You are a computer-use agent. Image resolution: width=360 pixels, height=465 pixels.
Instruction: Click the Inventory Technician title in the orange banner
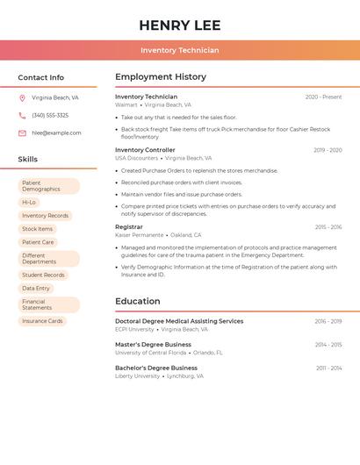pos(179,51)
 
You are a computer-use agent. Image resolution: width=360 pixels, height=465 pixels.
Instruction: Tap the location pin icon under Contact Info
pos(22,98)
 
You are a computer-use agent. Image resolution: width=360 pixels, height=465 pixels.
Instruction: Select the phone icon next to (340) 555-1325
pos(22,116)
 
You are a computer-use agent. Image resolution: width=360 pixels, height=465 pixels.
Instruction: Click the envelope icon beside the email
pos(22,133)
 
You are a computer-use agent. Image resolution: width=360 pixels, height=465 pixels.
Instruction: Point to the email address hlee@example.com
pos(56,133)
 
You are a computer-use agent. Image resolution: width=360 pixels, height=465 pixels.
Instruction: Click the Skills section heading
pos(28,160)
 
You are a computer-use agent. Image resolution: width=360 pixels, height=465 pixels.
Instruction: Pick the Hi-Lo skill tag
pos(29,203)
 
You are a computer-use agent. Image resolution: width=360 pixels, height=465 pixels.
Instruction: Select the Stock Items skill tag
pos(37,229)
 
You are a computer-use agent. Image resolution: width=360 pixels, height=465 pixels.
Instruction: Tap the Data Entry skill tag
pos(36,288)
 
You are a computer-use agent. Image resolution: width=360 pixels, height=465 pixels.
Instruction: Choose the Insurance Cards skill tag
pos(42,321)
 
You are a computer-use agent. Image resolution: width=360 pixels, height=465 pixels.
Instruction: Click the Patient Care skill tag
pos(38,242)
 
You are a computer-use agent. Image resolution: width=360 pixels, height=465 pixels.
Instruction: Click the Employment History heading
pos(161,77)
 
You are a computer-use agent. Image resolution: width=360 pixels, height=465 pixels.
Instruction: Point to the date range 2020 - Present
pos(323,97)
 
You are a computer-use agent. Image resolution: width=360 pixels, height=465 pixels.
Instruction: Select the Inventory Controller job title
pos(145,150)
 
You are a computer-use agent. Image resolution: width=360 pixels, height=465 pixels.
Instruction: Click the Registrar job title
pos(128,227)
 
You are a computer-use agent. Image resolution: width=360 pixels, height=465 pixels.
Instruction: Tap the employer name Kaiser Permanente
pos(139,235)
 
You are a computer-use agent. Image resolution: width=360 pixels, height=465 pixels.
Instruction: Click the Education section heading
pos(138,302)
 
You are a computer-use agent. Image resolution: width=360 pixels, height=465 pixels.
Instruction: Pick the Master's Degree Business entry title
pos(153,345)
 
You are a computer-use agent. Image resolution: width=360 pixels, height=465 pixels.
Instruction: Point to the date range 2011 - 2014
pos(329,368)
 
